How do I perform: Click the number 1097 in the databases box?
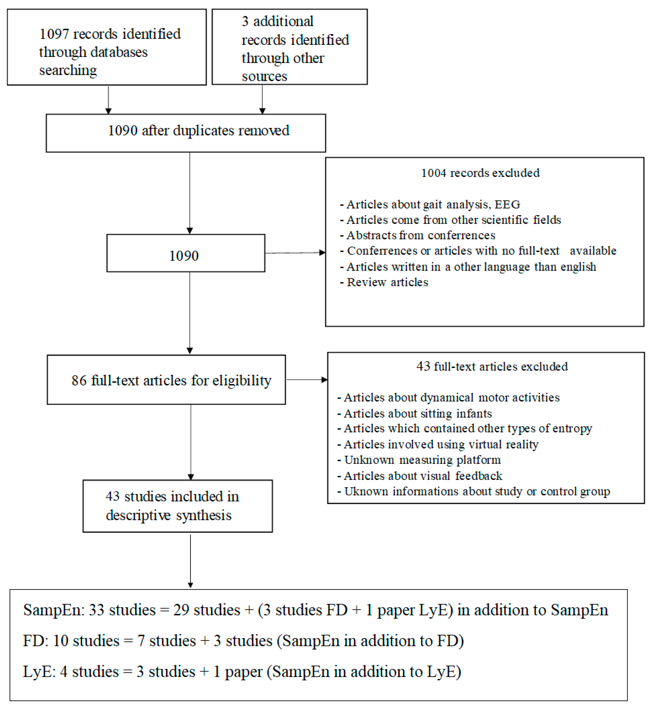pyautogui.click(x=54, y=34)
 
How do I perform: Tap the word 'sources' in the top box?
pyautogui.click(x=264, y=76)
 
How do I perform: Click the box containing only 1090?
pyautogui.click(x=186, y=253)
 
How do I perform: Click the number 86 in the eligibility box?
pyautogui.click(x=79, y=381)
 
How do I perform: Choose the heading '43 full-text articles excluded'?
pyautogui.click(x=492, y=367)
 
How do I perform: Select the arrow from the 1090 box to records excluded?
pyautogui.click(x=295, y=253)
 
